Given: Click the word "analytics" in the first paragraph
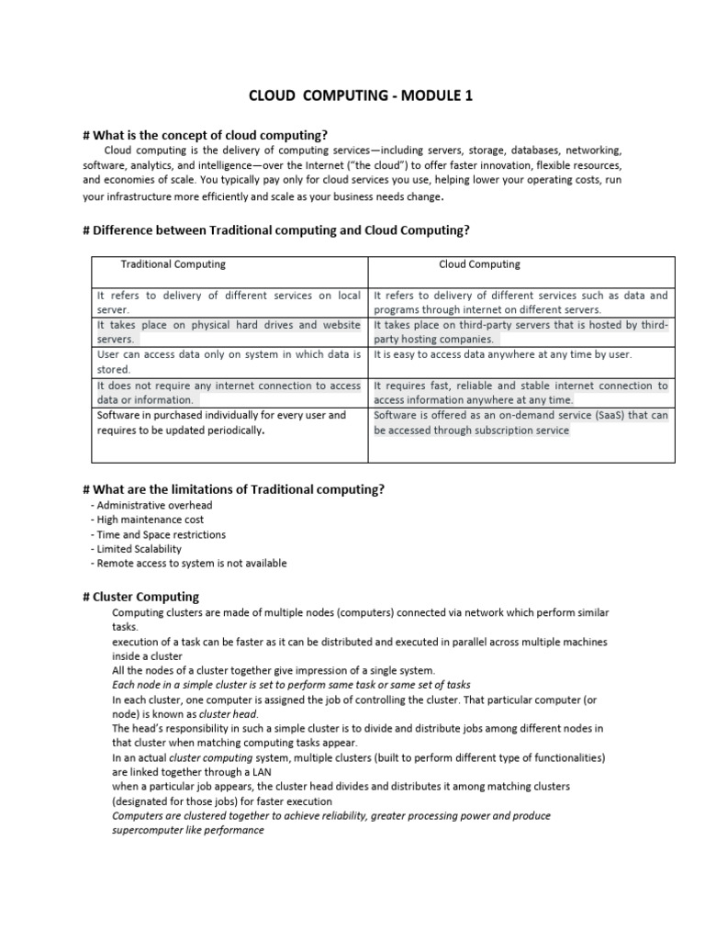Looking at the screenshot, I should coord(159,165).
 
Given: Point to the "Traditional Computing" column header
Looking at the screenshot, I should coord(173,264).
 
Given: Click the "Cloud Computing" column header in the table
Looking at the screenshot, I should coord(479,264).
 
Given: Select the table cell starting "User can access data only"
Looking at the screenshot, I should coord(229,361).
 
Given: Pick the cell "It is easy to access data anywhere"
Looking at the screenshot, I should coord(502,354).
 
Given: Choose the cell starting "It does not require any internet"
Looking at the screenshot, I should coord(229,393).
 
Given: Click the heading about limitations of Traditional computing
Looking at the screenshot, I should coord(233,489).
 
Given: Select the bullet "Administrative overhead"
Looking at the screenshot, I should coord(154,505).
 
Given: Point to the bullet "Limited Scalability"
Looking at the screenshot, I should coord(139,549).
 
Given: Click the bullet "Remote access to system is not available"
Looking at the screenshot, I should coord(191,563).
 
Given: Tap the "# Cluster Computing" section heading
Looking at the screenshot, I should coord(140,597).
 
